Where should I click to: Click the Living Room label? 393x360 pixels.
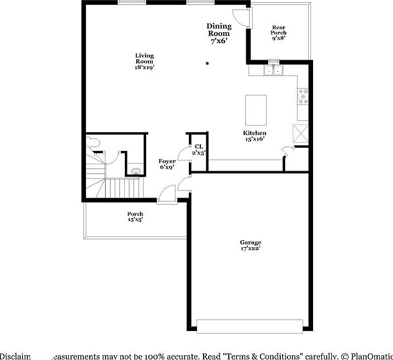(x=145, y=61)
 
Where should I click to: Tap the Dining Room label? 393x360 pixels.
(x=218, y=33)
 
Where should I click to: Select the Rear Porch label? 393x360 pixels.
(x=279, y=32)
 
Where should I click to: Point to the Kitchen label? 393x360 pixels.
(x=255, y=136)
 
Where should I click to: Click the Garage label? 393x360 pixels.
(x=250, y=245)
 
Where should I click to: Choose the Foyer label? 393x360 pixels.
(x=167, y=164)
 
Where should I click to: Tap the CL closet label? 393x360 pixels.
(x=199, y=149)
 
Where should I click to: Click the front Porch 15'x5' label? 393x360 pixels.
(x=135, y=217)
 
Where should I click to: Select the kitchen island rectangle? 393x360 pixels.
(x=256, y=109)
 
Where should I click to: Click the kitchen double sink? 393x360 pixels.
(x=274, y=70)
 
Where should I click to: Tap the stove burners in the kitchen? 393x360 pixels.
(x=303, y=96)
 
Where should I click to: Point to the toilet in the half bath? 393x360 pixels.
(x=95, y=142)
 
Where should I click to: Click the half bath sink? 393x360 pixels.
(x=135, y=171)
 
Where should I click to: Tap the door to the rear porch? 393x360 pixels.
(x=242, y=19)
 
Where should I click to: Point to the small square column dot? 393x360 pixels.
(x=207, y=63)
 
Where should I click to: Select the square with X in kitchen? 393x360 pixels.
(x=300, y=133)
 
